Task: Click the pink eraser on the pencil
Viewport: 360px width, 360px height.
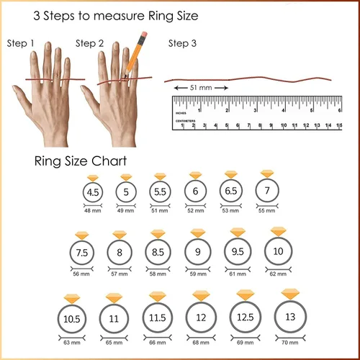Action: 144,35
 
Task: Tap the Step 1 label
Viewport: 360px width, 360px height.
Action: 20,43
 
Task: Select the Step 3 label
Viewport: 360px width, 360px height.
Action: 182,43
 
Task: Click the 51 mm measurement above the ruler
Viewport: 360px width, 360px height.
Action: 201,88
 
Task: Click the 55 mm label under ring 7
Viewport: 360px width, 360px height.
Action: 267,211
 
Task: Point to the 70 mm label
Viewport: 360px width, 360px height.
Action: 290,343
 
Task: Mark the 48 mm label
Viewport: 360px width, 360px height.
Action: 93,211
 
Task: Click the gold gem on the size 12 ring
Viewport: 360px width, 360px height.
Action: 201,295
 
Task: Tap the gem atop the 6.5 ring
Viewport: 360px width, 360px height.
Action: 231,174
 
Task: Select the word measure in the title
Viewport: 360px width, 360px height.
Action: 119,16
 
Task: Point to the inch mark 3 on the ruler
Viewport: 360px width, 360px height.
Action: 255,110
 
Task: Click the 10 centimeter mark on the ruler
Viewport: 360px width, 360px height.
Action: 284,125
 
